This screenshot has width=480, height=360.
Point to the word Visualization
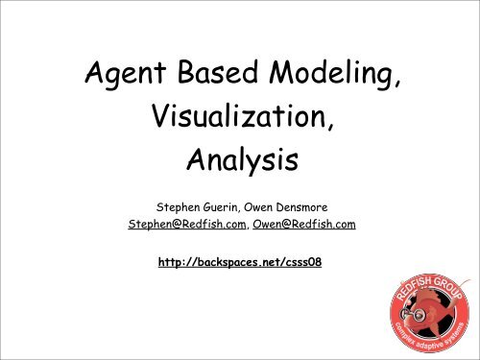tap(233, 120)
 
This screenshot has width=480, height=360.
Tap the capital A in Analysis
tap(193, 163)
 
